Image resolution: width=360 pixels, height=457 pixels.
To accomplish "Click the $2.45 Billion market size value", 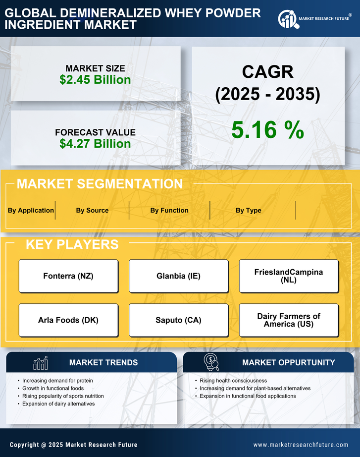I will point(95,80).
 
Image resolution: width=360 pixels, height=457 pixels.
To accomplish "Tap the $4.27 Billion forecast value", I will point(95,144).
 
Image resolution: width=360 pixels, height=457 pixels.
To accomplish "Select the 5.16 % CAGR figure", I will point(267,130).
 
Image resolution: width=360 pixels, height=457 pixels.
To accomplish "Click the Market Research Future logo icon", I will point(288,19).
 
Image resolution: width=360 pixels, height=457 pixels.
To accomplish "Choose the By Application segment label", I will point(31,210).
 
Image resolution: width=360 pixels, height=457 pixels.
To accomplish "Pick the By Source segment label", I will point(92,210).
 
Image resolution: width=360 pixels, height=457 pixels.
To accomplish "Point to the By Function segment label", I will point(169,210).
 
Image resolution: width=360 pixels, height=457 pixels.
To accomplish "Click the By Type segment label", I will point(249,210).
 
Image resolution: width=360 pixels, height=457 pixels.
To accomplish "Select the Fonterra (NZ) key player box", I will point(68,276).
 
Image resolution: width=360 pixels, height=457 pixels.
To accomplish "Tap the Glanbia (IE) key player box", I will point(179,276).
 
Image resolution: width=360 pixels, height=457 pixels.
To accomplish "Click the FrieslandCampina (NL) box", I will point(289,276).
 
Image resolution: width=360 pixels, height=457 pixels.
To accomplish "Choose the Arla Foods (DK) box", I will point(68,320).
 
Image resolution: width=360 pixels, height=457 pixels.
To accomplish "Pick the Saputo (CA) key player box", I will point(179,320).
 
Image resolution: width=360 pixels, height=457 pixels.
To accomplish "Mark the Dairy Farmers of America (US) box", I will point(289,320).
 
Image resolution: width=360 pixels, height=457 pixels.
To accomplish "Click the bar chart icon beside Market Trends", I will point(40,363).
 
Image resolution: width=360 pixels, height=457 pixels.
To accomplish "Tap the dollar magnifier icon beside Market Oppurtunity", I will point(210,362).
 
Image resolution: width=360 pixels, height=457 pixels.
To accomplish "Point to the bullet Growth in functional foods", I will point(53,388).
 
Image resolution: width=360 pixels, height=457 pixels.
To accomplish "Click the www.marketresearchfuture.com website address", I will point(301,445).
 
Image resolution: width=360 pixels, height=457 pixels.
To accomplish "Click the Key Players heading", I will point(72,244).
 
